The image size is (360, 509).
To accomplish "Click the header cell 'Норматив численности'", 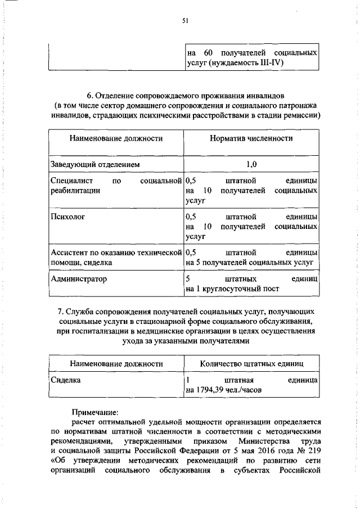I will (251, 138).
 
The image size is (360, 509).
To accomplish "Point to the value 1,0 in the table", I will (251, 164).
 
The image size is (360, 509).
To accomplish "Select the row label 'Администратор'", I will (78, 278).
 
